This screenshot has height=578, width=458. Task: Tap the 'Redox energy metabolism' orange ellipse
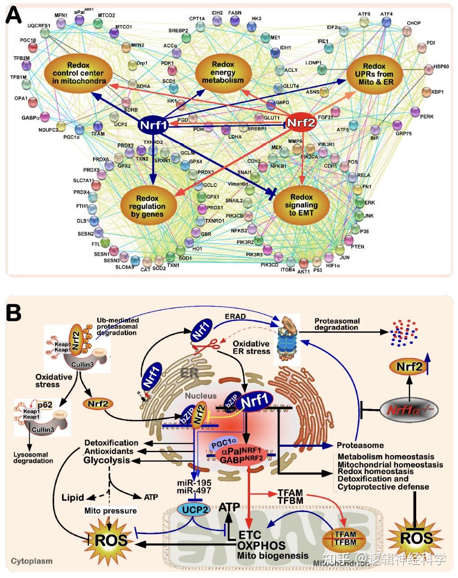click(x=223, y=72)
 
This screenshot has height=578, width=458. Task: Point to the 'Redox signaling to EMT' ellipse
click(x=301, y=205)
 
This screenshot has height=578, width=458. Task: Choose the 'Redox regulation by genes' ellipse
click(x=147, y=206)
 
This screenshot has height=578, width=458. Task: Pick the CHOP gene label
click(x=413, y=23)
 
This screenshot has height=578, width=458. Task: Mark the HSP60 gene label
click(x=441, y=67)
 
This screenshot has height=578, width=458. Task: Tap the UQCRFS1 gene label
click(x=39, y=26)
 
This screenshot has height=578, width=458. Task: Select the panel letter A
click(x=13, y=17)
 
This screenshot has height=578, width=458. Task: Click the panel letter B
click(x=13, y=312)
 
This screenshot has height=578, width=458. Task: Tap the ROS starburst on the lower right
click(x=416, y=538)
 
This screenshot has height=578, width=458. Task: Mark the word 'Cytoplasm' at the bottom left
click(x=31, y=561)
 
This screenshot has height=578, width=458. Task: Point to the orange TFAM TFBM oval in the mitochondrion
click(x=346, y=538)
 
